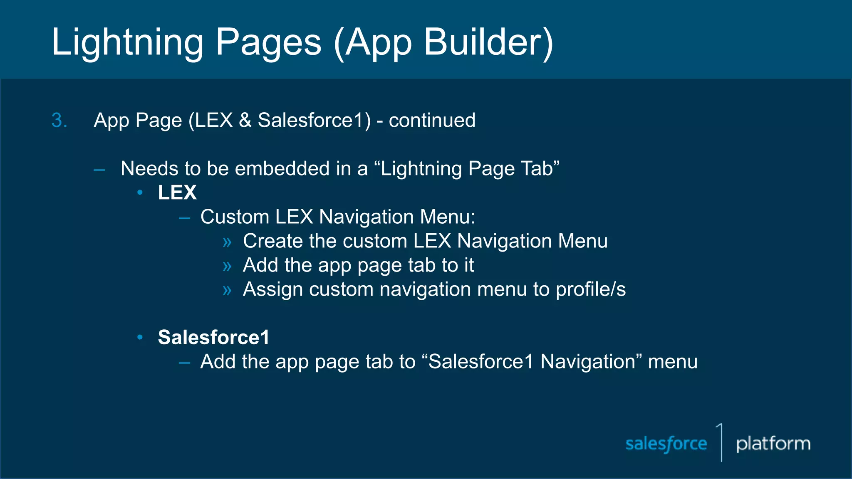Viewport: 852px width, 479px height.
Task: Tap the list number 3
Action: click(x=59, y=121)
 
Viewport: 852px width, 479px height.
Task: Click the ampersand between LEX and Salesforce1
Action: click(x=245, y=121)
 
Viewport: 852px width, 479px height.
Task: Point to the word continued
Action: click(x=432, y=121)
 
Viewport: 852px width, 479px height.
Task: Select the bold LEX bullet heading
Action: click(x=177, y=193)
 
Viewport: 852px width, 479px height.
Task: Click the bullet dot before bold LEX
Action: click(x=140, y=192)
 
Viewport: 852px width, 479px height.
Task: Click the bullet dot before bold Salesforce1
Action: click(x=140, y=337)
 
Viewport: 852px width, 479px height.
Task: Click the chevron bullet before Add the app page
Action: click(x=227, y=266)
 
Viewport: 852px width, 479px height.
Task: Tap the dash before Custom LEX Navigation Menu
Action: click(x=184, y=217)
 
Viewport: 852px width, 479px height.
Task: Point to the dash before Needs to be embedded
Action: click(x=99, y=170)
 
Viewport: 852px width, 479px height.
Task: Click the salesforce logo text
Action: click(x=666, y=444)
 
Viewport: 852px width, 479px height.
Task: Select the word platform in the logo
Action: click(x=773, y=444)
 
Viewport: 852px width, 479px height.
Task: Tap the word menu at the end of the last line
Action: click(x=672, y=362)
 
